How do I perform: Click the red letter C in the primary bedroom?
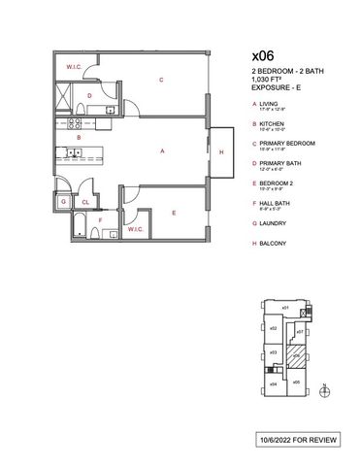(159, 80)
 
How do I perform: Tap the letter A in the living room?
(162, 150)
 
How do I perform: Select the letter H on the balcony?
(222, 153)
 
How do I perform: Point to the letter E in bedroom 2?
(173, 212)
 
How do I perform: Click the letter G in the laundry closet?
(63, 202)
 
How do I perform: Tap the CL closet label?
(85, 202)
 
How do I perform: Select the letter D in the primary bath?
(89, 96)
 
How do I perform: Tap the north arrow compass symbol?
(326, 391)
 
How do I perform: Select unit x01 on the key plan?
(286, 308)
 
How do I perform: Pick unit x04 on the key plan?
(275, 384)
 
